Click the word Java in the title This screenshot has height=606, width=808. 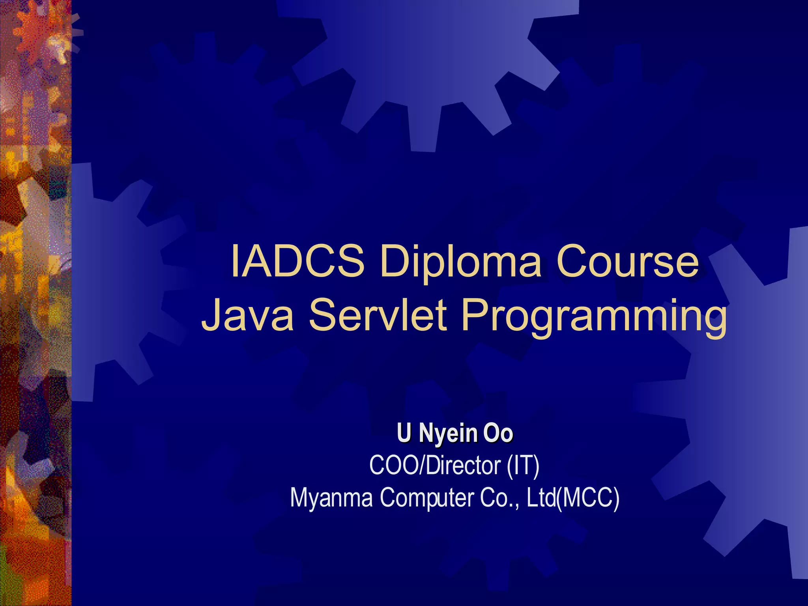click(x=247, y=316)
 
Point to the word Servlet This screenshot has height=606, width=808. click(x=378, y=316)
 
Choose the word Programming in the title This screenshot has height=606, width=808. click(x=593, y=318)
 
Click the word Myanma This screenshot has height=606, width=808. click(x=331, y=498)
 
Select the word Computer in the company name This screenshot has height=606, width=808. click(x=427, y=499)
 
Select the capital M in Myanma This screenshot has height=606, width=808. click(x=300, y=498)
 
